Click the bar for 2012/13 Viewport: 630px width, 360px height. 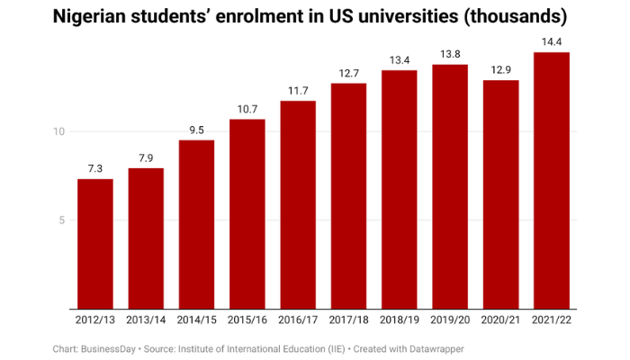point(95,243)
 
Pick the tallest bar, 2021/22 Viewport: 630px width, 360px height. point(551,180)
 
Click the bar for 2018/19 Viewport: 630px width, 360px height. point(399,189)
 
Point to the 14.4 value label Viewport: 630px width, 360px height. point(551,41)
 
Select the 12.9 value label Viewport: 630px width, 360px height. point(500,69)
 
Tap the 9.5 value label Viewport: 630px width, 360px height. point(196,130)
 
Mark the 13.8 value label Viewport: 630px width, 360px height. point(450,54)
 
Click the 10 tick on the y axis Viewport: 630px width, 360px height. point(59,132)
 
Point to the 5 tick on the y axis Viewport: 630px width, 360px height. point(63,220)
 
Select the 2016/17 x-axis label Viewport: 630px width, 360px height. point(298,320)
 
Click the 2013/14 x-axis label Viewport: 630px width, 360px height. point(146,320)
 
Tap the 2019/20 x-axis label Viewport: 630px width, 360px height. point(450,320)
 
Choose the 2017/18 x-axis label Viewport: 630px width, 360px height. point(348,320)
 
